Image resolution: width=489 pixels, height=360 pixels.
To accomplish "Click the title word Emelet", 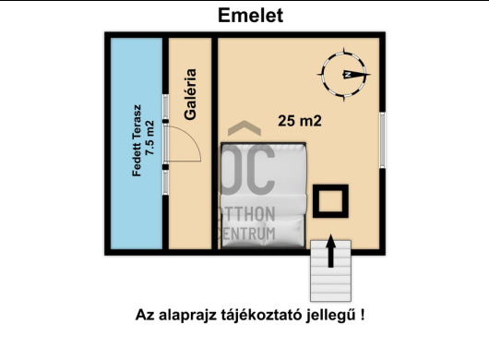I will pyautogui.click(x=250, y=16).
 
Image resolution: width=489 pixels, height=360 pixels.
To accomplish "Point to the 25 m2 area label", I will pyautogui.click(x=304, y=119).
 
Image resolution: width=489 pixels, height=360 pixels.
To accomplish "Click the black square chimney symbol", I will pyautogui.click(x=329, y=201).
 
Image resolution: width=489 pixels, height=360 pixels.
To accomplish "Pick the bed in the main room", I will pyautogui.click(x=262, y=198).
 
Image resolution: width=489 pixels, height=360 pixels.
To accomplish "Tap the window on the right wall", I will pyautogui.click(x=382, y=141).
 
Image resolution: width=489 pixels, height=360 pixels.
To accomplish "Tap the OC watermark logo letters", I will pyautogui.click(x=250, y=172).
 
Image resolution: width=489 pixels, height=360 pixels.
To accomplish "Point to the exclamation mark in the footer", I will pyautogui.click(x=363, y=314).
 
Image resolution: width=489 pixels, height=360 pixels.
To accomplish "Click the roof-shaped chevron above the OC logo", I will pyautogui.click(x=244, y=132).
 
